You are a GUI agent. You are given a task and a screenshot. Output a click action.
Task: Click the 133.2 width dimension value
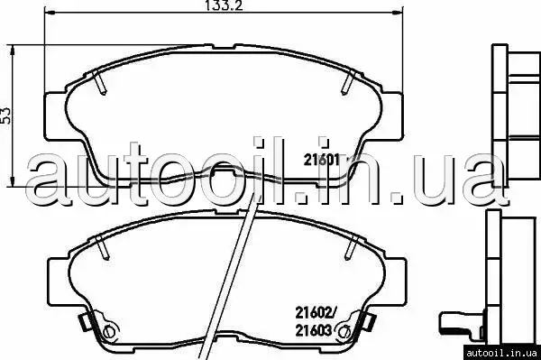pos(219,5)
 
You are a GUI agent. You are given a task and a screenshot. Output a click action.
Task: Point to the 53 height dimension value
pos(6,115)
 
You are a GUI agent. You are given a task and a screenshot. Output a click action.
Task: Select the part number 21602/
pos(316,313)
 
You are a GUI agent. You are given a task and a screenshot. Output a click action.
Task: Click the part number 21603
pos(313,330)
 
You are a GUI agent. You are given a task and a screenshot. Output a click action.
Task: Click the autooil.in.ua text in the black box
pos(500,353)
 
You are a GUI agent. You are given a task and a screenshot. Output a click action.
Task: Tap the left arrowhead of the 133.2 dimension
pos(50,13)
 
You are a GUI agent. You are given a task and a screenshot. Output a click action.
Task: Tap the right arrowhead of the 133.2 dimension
pos(398,13)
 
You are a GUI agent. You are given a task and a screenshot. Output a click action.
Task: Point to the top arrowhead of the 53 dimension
pos(13,50)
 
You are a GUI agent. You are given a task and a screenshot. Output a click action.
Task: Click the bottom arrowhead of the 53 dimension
pos(13,182)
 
